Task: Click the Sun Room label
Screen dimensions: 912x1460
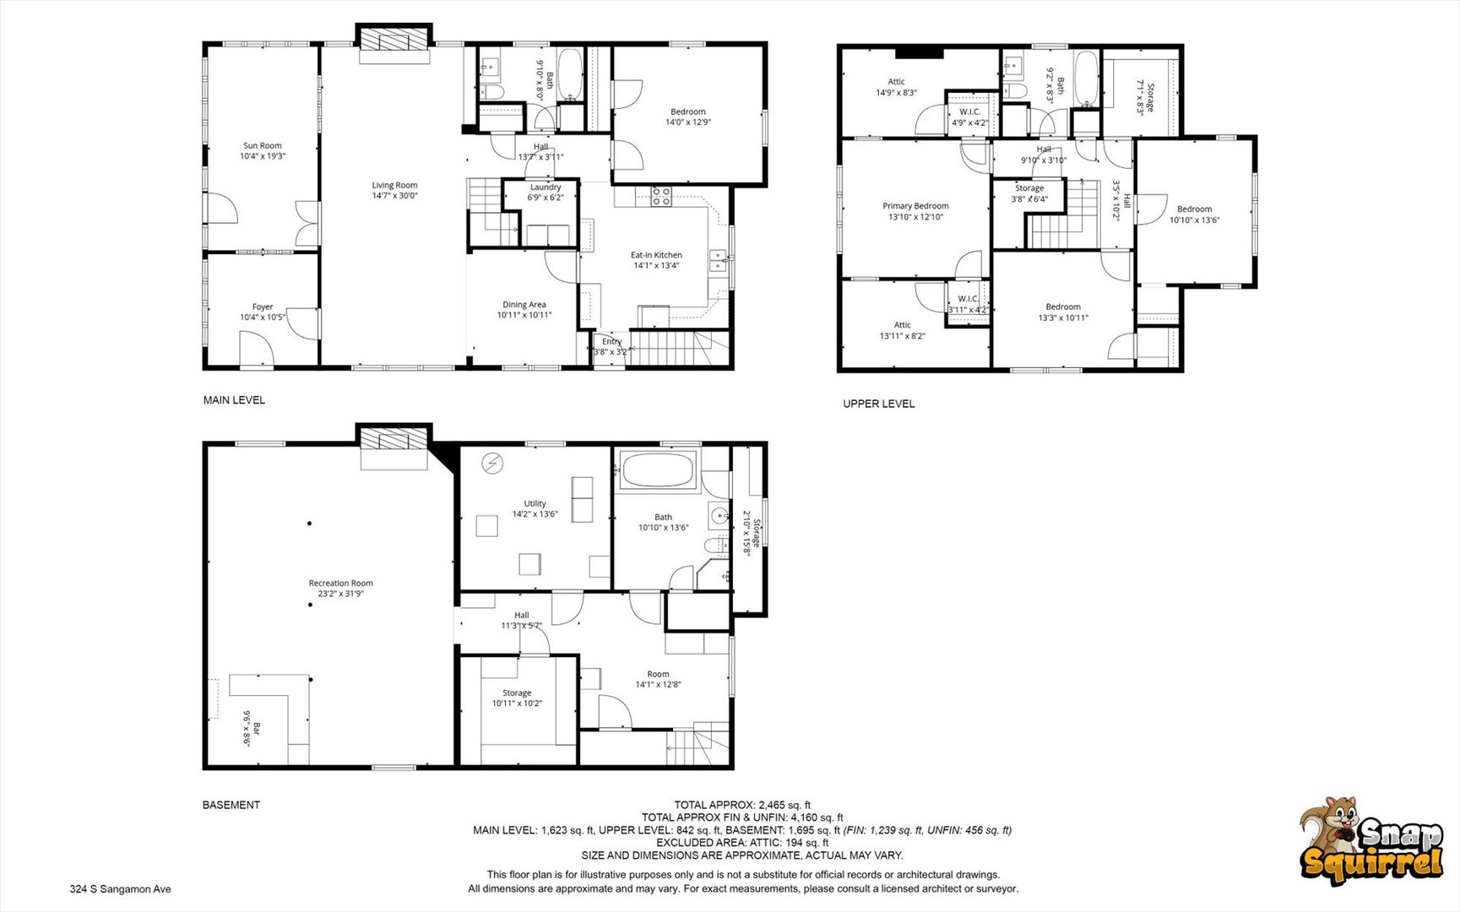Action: pyautogui.click(x=263, y=146)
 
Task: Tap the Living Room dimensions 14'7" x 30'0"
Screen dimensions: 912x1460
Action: pyautogui.click(x=394, y=196)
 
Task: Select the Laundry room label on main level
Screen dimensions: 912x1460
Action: pyautogui.click(x=545, y=187)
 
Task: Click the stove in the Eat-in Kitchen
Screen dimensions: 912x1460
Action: pyautogui.click(x=661, y=197)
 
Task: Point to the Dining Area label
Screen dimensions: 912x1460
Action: pyautogui.click(x=524, y=305)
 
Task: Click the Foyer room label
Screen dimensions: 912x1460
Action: pyautogui.click(x=263, y=307)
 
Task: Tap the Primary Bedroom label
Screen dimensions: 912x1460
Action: pyautogui.click(x=915, y=206)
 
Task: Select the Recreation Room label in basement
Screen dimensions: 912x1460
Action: pyautogui.click(x=340, y=584)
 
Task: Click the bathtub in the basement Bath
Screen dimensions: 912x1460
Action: pyautogui.click(x=658, y=470)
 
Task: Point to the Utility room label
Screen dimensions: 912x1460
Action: pyautogui.click(x=535, y=503)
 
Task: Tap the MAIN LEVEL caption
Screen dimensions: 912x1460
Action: pyautogui.click(x=234, y=400)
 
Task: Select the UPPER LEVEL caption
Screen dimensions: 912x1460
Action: pyautogui.click(x=878, y=404)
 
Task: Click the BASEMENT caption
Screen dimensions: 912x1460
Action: pyautogui.click(x=231, y=805)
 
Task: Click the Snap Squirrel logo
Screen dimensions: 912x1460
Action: pyautogui.click(x=1370, y=843)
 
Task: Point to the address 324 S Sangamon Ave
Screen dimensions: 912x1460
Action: pyautogui.click(x=121, y=889)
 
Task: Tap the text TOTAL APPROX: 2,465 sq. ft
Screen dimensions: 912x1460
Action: pyautogui.click(x=742, y=805)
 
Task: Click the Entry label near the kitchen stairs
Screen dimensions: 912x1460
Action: pyautogui.click(x=611, y=342)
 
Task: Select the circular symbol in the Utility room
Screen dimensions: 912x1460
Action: pyautogui.click(x=492, y=463)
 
